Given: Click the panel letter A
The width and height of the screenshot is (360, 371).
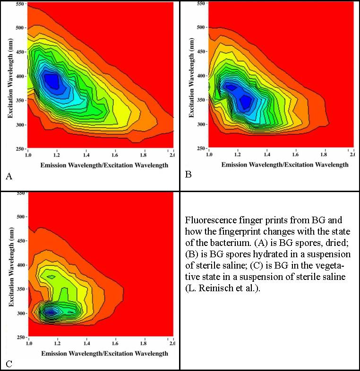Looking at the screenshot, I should [x=8, y=176].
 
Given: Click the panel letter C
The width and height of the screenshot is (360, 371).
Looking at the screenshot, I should [x=8, y=363].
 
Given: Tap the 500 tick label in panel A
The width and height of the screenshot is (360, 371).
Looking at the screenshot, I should [x=20, y=27].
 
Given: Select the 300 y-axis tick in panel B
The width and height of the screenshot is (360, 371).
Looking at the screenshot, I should [x=202, y=124].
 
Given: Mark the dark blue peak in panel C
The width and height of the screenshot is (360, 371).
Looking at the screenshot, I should [x=51, y=311].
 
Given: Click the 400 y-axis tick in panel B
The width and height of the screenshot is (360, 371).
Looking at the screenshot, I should [x=202, y=76].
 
